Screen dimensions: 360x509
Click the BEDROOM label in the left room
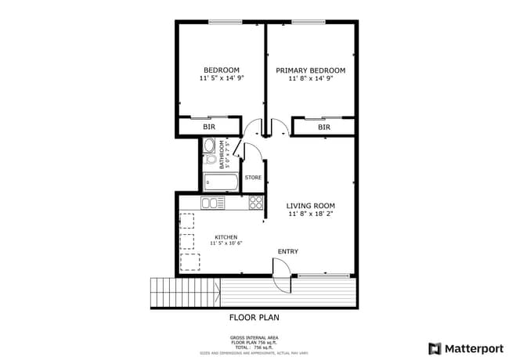[222, 70]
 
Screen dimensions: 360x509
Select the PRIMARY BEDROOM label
[310, 70]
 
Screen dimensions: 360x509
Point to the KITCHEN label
[226, 236]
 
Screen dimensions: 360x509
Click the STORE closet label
[253, 178]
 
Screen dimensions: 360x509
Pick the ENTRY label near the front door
[287, 251]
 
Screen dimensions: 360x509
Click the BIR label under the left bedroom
[209, 127]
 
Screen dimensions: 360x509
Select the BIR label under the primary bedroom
[323, 127]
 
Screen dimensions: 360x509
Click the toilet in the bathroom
[211, 160]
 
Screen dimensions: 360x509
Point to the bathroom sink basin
[209, 145]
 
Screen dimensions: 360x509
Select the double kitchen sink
[211, 203]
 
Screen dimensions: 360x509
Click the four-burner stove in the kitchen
[256, 203]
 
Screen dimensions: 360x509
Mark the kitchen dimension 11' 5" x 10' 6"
[226, 243]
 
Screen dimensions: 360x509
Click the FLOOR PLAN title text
[254, 318]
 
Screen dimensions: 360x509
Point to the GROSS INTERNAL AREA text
[254, 338]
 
